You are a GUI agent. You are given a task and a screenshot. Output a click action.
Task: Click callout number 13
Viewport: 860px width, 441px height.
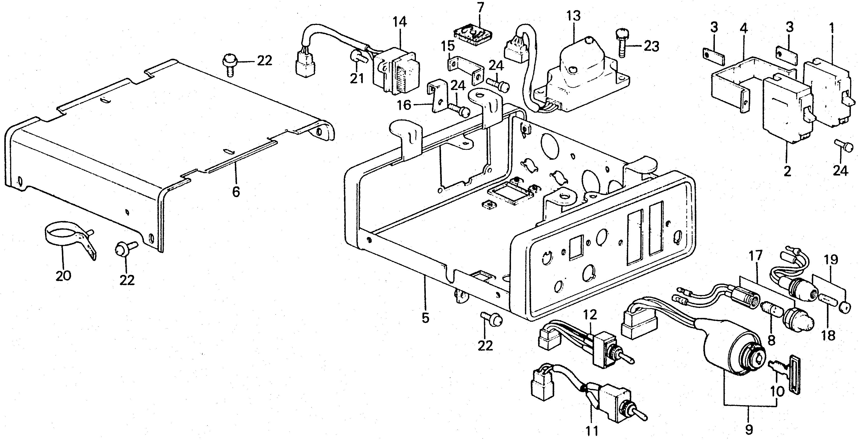(x=574, y=16)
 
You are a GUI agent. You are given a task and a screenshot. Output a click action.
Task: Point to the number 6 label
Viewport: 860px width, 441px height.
(x=236, y=192)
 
